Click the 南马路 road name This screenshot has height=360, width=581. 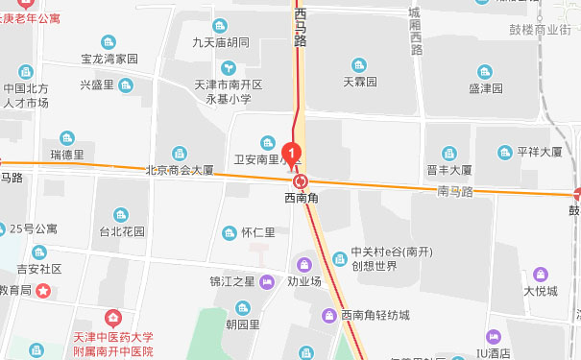[456, 191]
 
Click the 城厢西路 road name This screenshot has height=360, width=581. [414, 29]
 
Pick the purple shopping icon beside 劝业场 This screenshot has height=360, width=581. [304, 264]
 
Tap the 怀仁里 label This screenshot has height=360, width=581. [258, 232]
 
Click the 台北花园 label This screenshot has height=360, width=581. [121, 231]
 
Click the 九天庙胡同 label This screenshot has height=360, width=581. [220, 42]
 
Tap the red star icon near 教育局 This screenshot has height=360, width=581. [43, 289]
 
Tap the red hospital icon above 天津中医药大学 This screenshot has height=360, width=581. [113, 317]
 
